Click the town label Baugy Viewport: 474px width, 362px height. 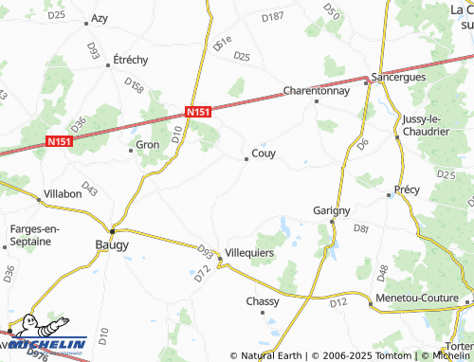click(x=112, y=244)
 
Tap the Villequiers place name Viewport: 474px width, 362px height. click(x=249, y=254)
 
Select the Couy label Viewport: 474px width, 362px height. click(x=264, y=154)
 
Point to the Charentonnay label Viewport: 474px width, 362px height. click(x=317, y=92)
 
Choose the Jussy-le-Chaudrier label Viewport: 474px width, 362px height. click(x=425, y=125)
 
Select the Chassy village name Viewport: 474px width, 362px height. click(x=263, y=301)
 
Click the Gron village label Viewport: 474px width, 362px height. click(x=147, y=145)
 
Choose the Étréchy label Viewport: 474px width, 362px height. click(x=131, y=59)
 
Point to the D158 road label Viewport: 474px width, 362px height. click(x=134, y=88)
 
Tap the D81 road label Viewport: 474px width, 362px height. click(x=360, y=229)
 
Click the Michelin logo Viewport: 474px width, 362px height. click(x=45, y=338)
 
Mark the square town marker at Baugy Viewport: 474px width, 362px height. click(x=112, y=230)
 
